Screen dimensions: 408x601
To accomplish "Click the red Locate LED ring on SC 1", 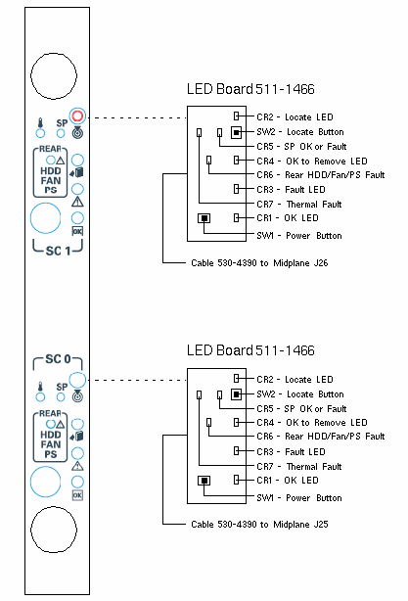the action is [77, 116].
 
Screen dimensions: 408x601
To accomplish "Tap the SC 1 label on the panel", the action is [58, 251].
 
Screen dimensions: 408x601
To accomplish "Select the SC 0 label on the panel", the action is [58, 359].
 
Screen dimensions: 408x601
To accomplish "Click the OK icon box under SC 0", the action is [77, 495].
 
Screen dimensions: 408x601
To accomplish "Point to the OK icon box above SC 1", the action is [77, 231].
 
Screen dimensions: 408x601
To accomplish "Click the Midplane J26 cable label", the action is [259, 263].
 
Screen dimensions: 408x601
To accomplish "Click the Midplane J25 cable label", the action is [259, 525].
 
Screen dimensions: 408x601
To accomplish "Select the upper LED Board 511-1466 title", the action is [250, 89].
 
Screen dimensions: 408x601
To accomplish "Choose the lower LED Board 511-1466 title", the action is [250, 350].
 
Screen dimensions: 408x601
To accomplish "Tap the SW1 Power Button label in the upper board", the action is [299, 235].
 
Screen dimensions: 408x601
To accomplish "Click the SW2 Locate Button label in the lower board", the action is [300, 394].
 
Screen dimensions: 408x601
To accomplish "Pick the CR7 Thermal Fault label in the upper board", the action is [299, 204].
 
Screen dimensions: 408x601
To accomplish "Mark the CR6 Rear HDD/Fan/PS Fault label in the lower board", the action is [321, 437].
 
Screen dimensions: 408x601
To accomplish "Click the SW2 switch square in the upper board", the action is [237, 132].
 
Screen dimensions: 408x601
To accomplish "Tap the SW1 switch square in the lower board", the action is [204, 481].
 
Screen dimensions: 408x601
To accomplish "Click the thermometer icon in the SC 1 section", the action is [40, 123].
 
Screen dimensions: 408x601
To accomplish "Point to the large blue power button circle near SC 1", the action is [45, 218].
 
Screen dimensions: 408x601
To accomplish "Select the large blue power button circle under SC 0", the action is [45, 482].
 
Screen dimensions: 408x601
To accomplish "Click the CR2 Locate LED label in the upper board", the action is [295, 116].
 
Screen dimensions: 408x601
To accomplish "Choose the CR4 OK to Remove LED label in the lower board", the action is [312, 423].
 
